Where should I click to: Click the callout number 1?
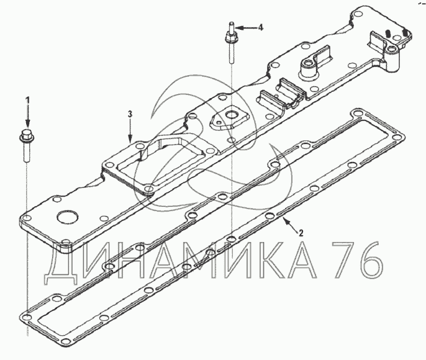coord(27,100)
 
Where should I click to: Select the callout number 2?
coord(301,233)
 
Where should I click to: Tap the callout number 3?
coord(130,114)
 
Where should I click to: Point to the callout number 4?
coord(261,27)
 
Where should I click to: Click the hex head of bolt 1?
coord(27,136)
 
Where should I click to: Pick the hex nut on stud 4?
coord(231,37)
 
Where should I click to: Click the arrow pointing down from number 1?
coord(27,116)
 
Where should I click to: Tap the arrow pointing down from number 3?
coord(130,130)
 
